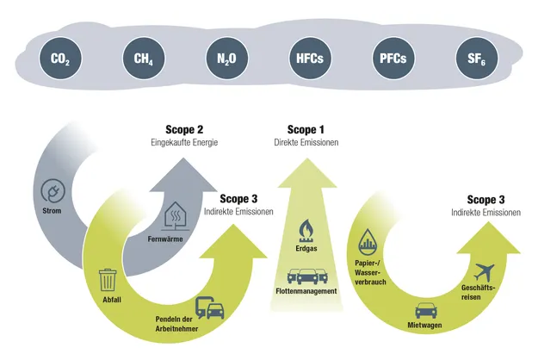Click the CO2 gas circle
[x=60, y=59]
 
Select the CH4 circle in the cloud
[x=144, y=59]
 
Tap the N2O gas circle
[x=227, y=59]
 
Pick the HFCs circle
[x=310, y=59]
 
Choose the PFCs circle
[x=393, y=59]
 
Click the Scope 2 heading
[x=184, y=130]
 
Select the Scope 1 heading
[x=306, y=130]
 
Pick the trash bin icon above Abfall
[x=108, y=280]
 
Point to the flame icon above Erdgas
[x=306, y=229]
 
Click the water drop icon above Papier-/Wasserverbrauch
[x=368, y=239]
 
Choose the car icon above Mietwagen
[x=426, y=310]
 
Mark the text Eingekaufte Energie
[x=184, y=142]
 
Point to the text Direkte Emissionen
[x=306, y=142]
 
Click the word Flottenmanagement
[x=306, y=291]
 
